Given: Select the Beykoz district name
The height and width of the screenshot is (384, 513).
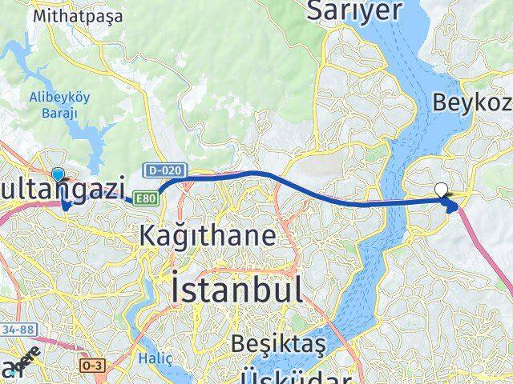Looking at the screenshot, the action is pos(471,102).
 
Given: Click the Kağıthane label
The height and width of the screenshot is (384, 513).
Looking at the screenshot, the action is pos(208,235).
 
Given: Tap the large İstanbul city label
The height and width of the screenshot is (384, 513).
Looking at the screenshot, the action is pos(236,288).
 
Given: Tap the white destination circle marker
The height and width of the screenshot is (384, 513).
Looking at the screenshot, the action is pos(442,190).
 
